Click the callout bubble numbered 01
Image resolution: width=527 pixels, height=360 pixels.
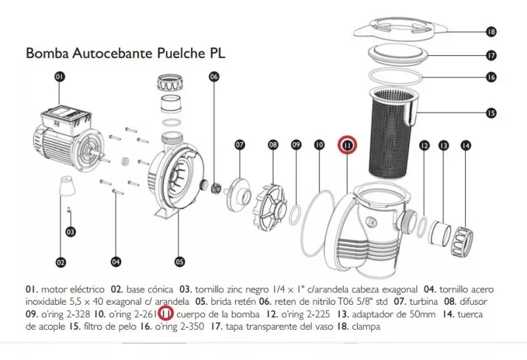pyautogui.click(x=60, y=77)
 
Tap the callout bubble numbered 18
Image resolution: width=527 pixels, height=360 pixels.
pyautogui.click(x=490, y=31)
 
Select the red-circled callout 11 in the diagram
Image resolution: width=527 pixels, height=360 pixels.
pyautogui.click(x=347, y=144)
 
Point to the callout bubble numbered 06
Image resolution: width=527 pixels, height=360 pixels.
pyautogui.click(x=213, y=76)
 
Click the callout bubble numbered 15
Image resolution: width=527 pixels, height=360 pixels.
pyautogui.click(x=490, y=113)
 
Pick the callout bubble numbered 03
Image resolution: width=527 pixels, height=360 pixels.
pyautogui.click(x=70, y=231)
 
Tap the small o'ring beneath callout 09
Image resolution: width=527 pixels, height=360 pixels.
pyautogui.click(x=296, y=213)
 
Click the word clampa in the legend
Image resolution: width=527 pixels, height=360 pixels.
pyautogui.click(x=366, y=326)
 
